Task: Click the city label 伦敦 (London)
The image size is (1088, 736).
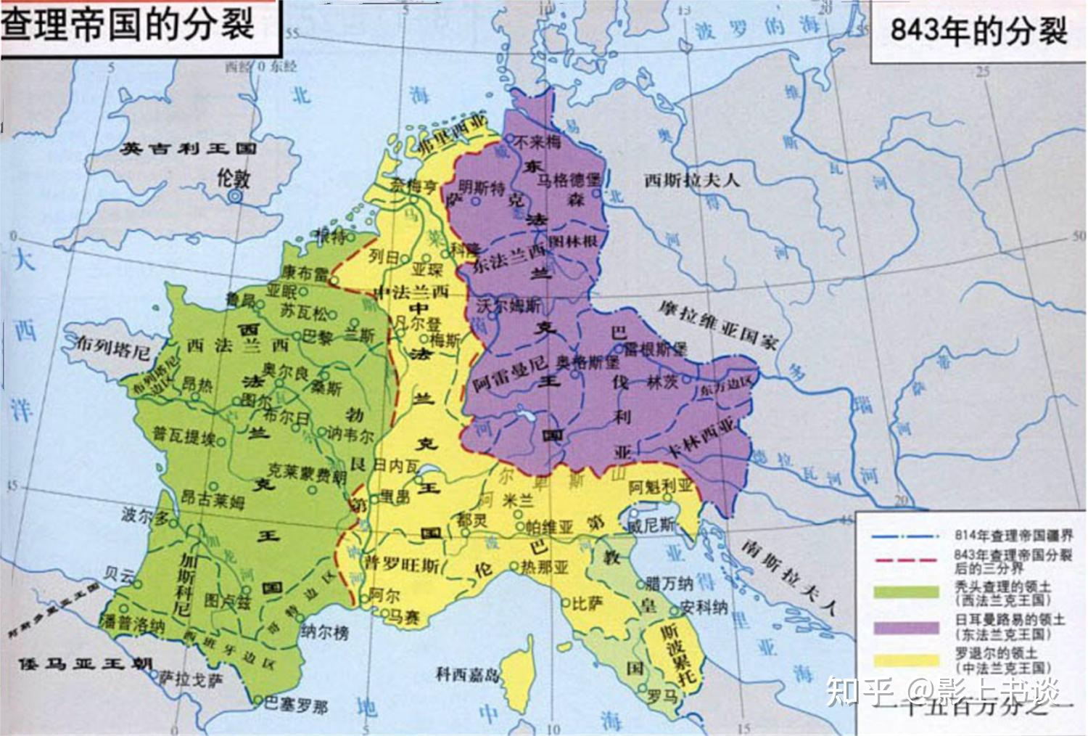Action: pyautogui.click(x=234, y=178)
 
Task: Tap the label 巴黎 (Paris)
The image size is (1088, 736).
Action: pyautogui.click(x=316, y=337)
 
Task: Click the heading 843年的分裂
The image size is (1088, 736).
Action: pyautogui.click(x=978, y=31)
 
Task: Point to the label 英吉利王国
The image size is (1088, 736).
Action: pyautogui.click(x=188, y=149)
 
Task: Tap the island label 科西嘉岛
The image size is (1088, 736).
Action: pyautogui.click(x=468, y=674)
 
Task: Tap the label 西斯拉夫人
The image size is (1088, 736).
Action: pyautogui.click(x=692, y=179)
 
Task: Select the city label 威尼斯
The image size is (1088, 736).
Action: pyautogui.click(x=651, y=524)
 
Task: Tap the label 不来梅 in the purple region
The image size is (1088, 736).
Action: pyautogui.click(x=537, y=142)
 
